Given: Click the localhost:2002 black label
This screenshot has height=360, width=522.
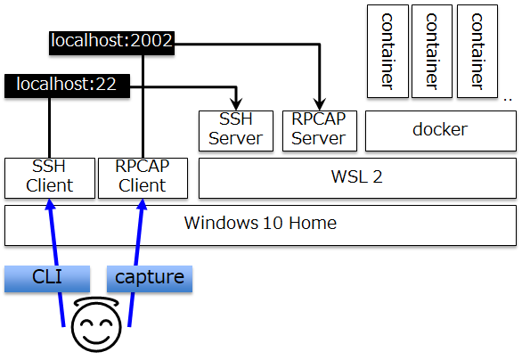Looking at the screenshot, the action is [111, 43].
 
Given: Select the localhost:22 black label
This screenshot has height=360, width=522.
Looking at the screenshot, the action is [67, 86].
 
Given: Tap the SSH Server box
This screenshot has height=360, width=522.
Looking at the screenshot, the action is [236, 131].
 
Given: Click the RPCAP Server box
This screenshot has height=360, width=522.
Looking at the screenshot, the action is [320, 131].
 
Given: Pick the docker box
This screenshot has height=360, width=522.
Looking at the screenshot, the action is [441, 131].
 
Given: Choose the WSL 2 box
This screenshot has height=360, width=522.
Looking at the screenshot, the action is [357, 178].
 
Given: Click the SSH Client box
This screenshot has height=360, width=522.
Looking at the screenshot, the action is [50, 178].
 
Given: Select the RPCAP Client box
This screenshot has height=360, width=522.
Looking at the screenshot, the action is [143, 178].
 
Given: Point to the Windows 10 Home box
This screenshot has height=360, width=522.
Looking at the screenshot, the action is [260, 225].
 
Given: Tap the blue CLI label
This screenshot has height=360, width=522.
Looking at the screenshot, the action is [47, 279].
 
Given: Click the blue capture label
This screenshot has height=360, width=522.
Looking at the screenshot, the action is [150, 279].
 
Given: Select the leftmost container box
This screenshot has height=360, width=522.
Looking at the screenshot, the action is [387, 52].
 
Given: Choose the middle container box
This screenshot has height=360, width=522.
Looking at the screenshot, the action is [432, 52].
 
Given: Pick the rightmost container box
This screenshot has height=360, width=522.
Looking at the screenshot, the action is [477, 52].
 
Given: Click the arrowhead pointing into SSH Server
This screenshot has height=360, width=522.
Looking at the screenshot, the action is [236, 104].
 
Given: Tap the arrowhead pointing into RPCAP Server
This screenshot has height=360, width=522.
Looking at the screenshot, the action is [320, 104].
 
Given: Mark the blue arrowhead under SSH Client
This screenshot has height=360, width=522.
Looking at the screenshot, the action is [50, 204].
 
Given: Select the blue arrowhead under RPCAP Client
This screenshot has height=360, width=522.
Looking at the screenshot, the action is [143, 204].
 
